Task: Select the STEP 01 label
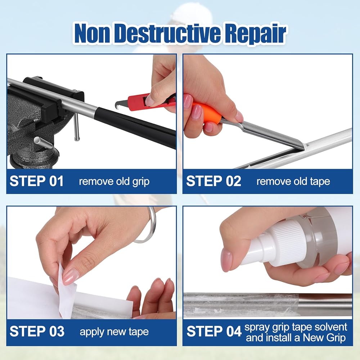coord(36,181)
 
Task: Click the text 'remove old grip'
coord(114,181)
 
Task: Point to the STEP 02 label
coord(213,181)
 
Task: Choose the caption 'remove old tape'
coord(293,181)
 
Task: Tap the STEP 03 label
coord(37,331)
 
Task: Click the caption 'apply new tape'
coord(114,332)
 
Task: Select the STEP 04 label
coord(214,331)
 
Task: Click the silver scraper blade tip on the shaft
coord(303,146)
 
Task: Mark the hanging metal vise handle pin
coord(76,126)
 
